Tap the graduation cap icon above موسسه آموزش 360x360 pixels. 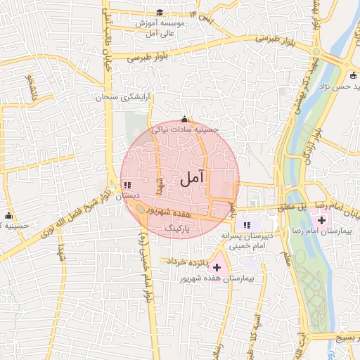[160, 13]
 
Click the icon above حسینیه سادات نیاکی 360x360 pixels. [185, 119]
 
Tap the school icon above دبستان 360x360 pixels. [127, 186]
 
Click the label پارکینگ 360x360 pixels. [177, 229]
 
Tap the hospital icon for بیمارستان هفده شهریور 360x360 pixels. [217, 267]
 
